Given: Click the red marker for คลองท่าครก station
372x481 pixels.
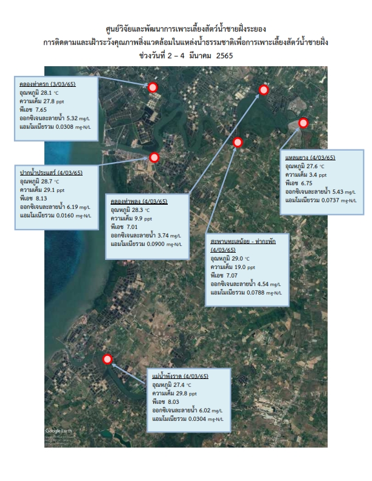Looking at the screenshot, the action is (x=153, y=87).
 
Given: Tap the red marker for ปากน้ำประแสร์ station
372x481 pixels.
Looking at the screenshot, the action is (x=154, y=157).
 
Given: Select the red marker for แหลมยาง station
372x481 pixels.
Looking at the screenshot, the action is (x=303, y=123).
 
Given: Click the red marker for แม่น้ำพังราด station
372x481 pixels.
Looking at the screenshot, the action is (x=107, y=359).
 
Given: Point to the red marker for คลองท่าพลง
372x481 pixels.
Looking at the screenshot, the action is (x=264, y=90).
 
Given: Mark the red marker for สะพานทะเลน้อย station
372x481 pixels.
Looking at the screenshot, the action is (x=238, y=142).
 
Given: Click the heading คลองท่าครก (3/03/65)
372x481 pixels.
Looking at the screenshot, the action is (x=47, y=84).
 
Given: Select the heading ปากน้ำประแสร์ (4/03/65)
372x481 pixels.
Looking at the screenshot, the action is (x=51, y=172).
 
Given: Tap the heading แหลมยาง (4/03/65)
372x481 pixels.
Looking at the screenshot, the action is (x=311, y=158).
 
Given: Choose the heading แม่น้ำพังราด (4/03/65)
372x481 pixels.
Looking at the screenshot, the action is (x=181, y=376).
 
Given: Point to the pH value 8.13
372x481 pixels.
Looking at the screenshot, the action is (x=41, y=198).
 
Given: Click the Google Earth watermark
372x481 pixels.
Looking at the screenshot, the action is (x=58, y=431).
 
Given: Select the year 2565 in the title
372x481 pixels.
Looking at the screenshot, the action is (x=224, y=56).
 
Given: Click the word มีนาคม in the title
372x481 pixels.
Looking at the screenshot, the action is (x=200, y=56).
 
